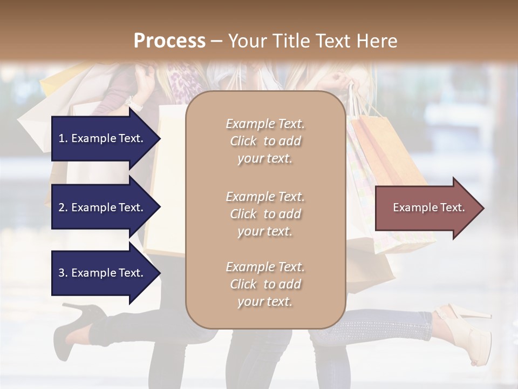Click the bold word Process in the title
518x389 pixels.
(x=169, y=41)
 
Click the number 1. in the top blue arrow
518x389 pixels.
(x=63, y=138)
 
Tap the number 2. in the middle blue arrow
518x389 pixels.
(x=63, y=207)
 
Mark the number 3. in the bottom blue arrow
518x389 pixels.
(x=63, y=273)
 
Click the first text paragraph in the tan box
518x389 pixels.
(x=265, y=141)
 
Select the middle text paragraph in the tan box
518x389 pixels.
(x=265, y=214)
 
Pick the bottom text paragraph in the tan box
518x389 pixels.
(x=265, y=284)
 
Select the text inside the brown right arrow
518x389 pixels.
(x=428, y=207)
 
